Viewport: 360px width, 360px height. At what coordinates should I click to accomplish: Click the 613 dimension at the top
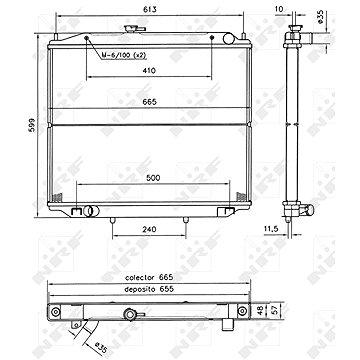click(x=150, y=10)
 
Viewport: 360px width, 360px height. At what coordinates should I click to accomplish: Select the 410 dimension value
click(x=149, y=70)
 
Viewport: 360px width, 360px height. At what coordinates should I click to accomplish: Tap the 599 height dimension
click(x=32, y=126)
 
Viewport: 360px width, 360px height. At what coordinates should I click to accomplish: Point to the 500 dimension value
click(x=153, y=178)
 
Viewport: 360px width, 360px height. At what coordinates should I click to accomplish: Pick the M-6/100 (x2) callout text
click(x=124, y=55)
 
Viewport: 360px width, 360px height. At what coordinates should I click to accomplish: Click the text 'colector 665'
click(x=149, y=277)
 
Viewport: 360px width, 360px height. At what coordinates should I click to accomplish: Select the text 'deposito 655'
click(x=149, y=289)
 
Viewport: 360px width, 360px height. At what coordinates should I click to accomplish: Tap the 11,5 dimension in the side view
click(x=271, y=229)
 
